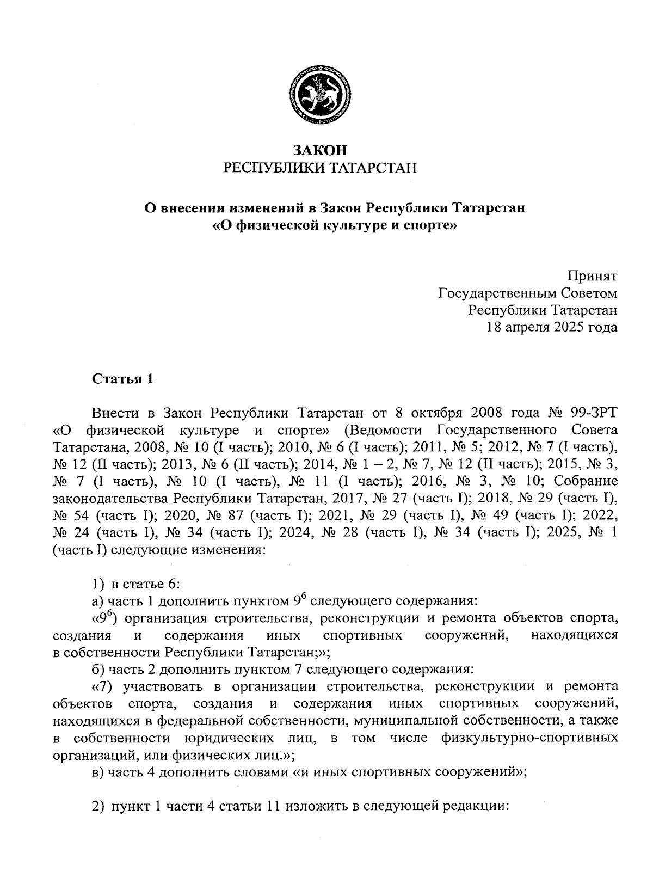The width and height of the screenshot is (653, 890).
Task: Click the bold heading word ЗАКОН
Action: click(x=320, y=151)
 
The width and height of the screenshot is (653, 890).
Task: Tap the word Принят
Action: click(x=593, y=276)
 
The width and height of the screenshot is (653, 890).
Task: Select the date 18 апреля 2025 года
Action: click(x=552, y=327)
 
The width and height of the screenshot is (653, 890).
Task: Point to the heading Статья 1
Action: click(x=123, y=378)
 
